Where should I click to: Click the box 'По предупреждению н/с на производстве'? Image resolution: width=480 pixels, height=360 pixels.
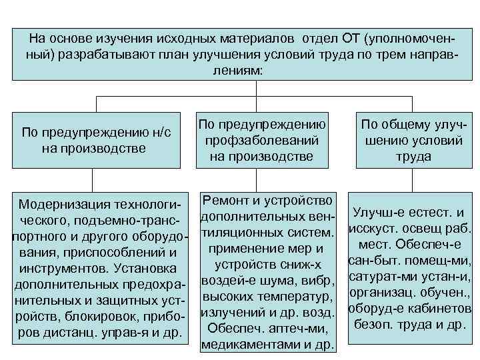click(x=97, y=140)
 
